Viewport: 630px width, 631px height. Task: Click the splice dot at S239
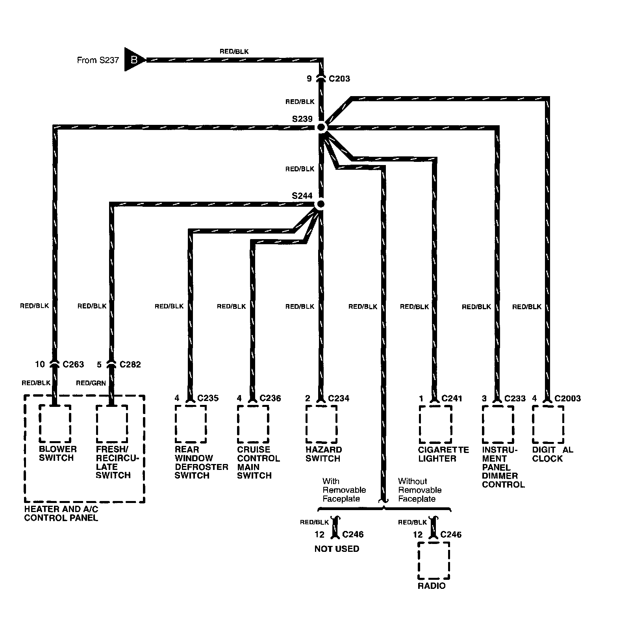[321, 127]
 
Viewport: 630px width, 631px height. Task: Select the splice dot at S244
[321, 204]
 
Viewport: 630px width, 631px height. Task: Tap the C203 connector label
[339, 79]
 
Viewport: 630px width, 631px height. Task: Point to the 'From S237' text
[98, 60]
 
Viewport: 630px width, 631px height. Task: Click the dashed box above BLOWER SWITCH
[55, 424]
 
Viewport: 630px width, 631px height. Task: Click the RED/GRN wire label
[91, 383]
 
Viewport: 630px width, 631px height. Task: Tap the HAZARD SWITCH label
[323, 454]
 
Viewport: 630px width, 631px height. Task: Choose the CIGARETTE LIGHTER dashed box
[435, 425]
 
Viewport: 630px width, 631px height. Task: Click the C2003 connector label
[567, 399]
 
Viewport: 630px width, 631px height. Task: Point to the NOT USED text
[337, 549]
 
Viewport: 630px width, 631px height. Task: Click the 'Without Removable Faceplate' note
[419, 490]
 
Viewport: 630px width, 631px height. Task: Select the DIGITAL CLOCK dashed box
[548, 425]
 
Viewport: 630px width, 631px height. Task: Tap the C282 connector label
[130, 365]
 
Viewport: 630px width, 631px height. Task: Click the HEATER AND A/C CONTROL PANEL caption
[61, 513]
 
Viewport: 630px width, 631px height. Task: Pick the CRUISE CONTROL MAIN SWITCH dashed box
[253, 425]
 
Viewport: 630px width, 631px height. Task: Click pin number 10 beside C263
[40, 364]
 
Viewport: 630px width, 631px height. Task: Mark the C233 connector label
[515, 399]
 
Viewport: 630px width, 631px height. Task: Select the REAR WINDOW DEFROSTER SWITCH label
[201, 462]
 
